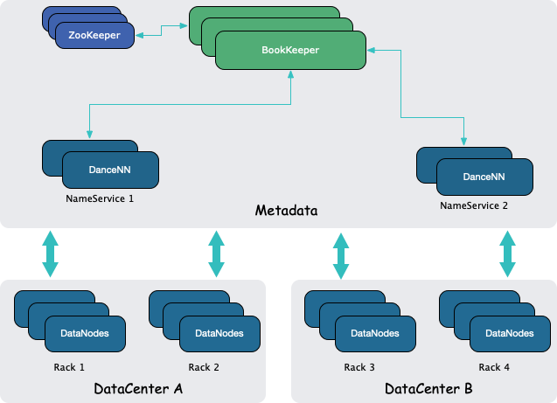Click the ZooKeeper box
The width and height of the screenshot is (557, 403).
coord(94,35)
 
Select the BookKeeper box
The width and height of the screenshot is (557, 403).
coord(289,51)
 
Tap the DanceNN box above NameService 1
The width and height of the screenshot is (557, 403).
coord(110,170)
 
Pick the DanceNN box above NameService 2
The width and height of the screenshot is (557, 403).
coord(484,177)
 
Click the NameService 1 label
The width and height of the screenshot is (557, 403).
coord(100,198)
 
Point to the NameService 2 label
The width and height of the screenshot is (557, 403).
coord(474,206)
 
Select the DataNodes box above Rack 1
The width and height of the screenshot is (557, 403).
coord(84,333)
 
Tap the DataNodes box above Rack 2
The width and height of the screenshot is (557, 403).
coord(219,333)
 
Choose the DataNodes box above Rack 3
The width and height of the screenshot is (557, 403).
coord(374,333)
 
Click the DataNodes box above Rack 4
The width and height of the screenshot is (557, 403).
coord(509,333)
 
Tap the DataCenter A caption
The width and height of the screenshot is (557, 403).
coord(137,388)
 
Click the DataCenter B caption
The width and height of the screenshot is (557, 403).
coord(428,388)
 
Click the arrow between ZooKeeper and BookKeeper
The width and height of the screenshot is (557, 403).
coord(162,31)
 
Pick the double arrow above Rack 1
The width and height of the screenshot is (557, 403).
coord(50,254)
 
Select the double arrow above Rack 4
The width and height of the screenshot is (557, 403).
coord(507,254)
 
